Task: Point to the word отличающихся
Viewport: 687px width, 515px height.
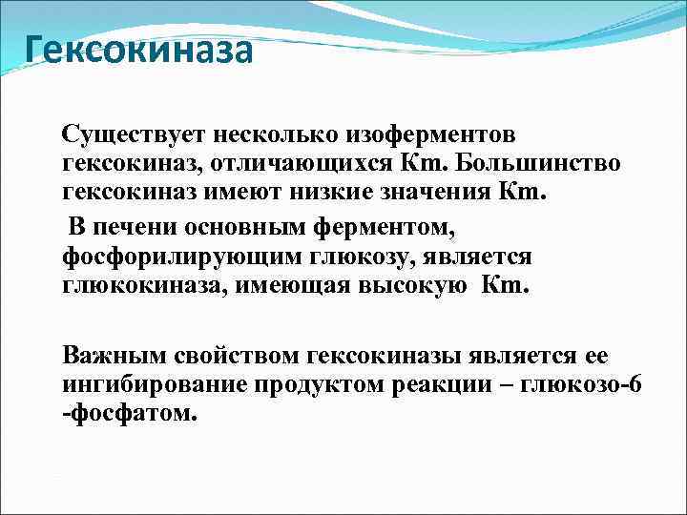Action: point(326,164)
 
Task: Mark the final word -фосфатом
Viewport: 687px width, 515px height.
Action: point(129,415)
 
